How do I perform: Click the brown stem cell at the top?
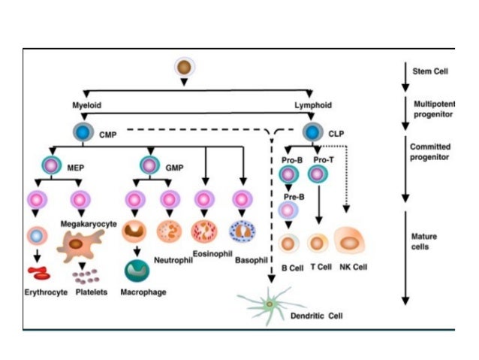click(183, 68)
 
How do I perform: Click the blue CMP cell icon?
click(83, 132)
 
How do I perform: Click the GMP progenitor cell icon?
click(149, 165)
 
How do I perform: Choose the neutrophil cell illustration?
click(169, 231)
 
